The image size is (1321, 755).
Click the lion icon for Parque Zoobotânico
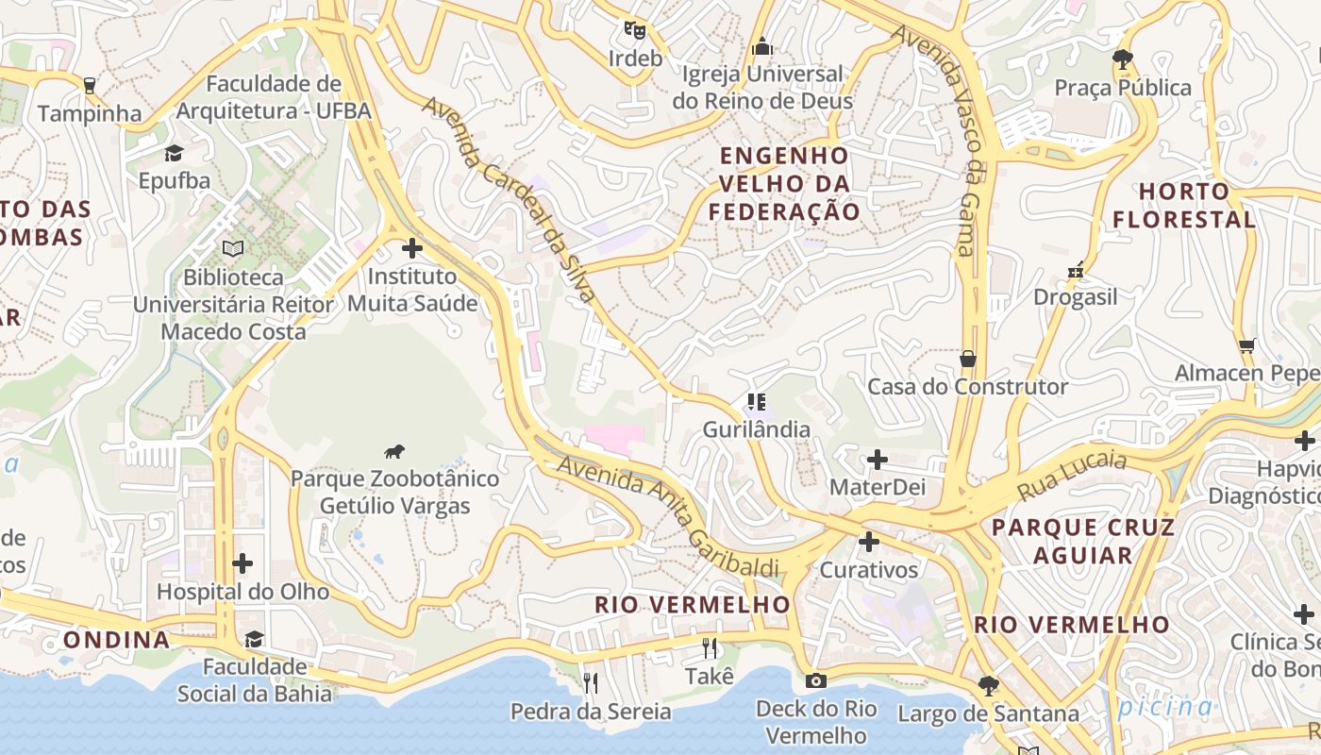(x=394, y=452)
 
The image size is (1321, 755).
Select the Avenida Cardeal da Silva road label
(x=510, y=199)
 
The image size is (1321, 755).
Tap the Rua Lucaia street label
(x=1073, y=476)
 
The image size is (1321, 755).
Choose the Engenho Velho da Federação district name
(x=785, y=184)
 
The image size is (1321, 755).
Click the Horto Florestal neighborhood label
(x=1184, y=206)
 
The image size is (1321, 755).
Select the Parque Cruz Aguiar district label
(x=1083, y=541)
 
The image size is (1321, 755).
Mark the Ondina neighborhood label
(x=117, y=640)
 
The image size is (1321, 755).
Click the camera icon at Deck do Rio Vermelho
(x=816, y=680)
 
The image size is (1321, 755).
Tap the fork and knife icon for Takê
(x=710, y=648)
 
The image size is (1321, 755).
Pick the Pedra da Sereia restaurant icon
(x=591, y=682)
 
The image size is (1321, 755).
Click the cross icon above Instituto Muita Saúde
(x=412, y=249)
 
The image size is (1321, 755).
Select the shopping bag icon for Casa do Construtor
(x=967, y=359)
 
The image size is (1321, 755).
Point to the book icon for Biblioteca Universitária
(x=233, y=249)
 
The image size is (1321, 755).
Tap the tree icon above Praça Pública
(x=1123, y=59)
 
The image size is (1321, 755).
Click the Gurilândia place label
(x=756, y=429)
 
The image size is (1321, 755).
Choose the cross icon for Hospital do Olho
(x=242, y=563)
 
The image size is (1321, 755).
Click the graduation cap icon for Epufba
(x=175, y=153)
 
